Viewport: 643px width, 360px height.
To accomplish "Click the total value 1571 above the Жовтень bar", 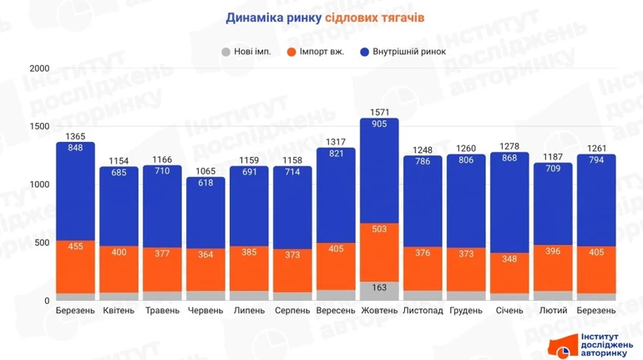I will coord(379,110).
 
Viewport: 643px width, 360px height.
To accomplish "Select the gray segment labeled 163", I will coord(379,288).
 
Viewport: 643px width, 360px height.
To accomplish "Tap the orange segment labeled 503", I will coord(379,251).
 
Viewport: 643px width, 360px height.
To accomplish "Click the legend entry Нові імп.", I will coord(246,52).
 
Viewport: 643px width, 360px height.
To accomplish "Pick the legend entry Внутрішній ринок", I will coord(404,52).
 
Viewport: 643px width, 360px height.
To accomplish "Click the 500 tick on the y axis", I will coord(41,242).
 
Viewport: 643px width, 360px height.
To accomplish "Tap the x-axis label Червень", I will coord(205,310).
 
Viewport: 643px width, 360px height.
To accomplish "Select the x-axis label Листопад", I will coord(423,310).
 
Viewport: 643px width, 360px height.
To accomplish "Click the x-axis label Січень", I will coord(509,310).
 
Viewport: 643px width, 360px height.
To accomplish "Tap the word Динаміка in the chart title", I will coord(253,16).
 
